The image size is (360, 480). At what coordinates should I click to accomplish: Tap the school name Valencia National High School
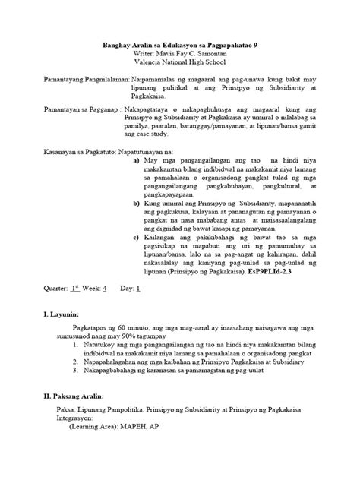[180, 65]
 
